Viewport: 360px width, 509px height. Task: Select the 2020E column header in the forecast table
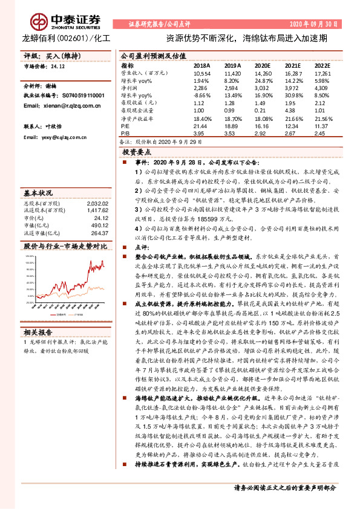point(263,65)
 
